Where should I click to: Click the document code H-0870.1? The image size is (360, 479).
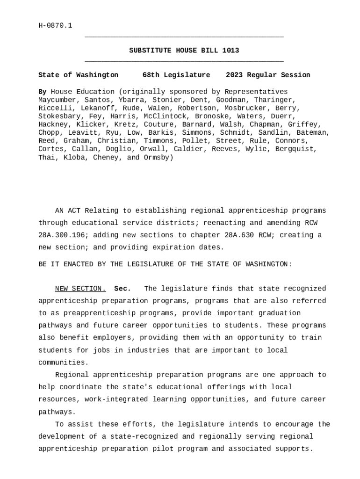pyautogui.click(x=55, y=25)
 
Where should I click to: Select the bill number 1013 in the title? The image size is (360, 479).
pyautogui.click(x=230, y=51)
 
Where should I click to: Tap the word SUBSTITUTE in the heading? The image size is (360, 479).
pyautogui.click(x=150, y=51)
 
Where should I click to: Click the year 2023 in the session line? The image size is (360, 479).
pyautogui.click(x=234, y=75)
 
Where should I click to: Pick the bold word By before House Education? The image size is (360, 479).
pyautogui.click(x=43, y=92)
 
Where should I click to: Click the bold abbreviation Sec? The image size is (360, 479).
pyautogui.click(x=122, y=289)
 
